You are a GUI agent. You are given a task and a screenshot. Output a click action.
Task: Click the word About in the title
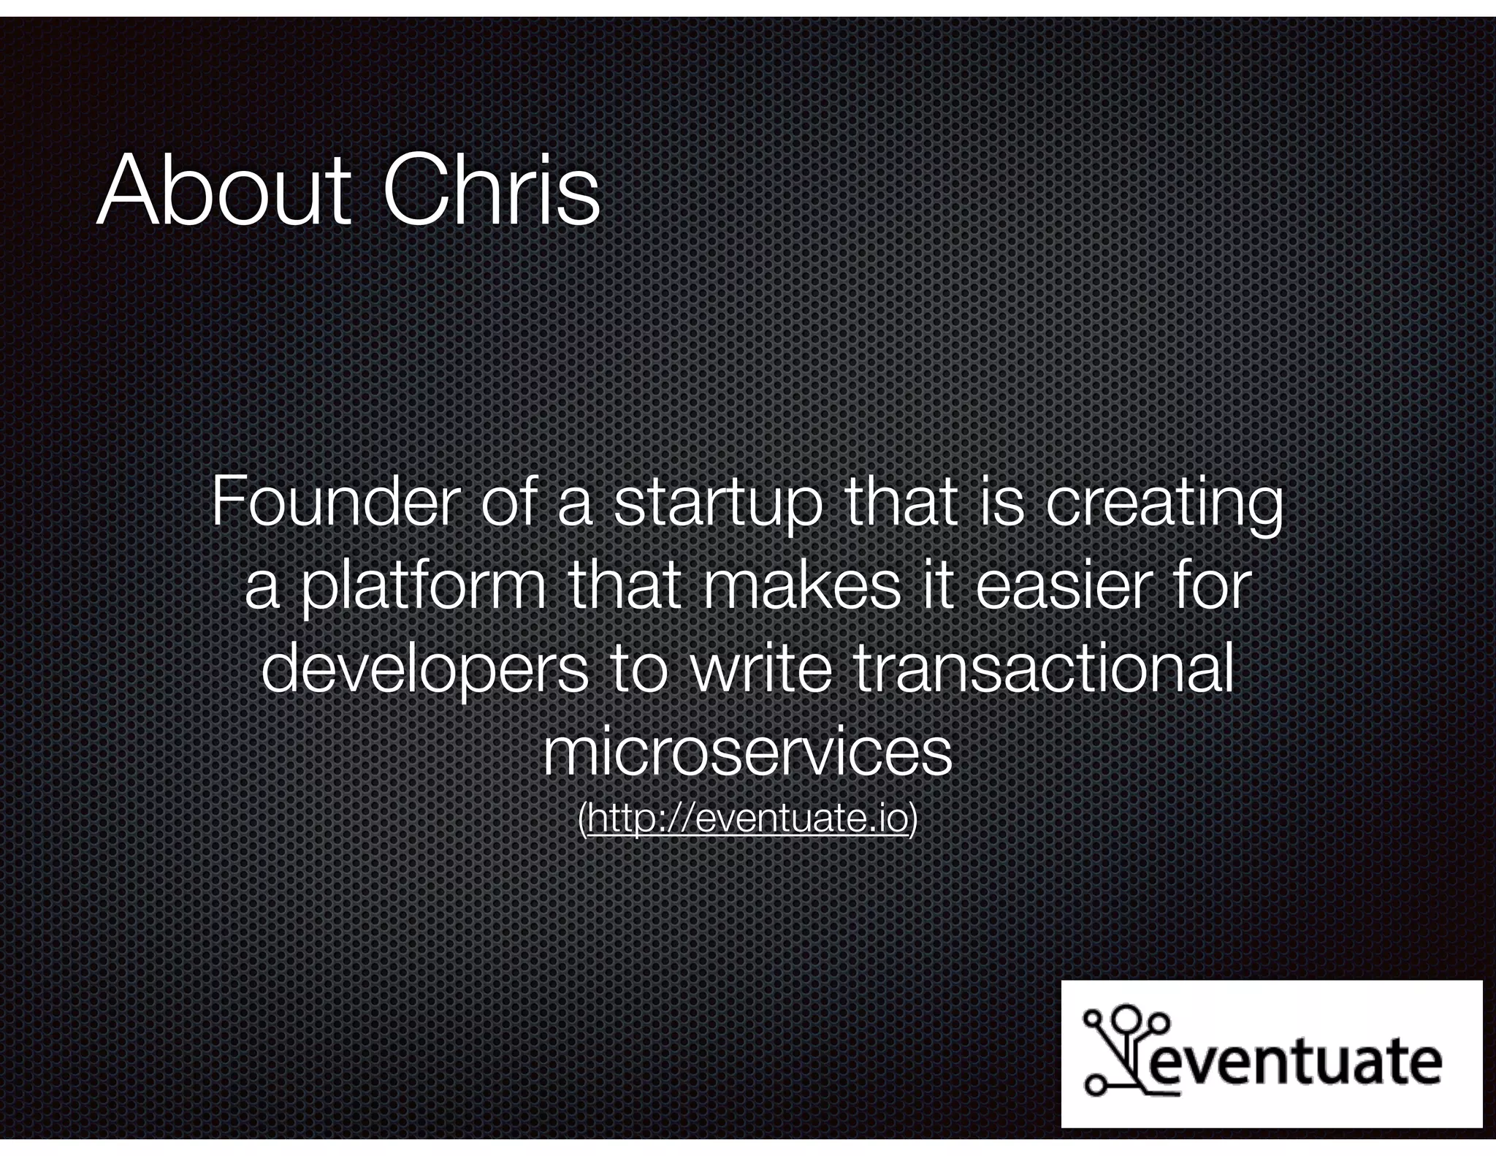223,191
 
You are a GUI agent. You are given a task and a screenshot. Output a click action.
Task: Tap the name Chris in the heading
491,191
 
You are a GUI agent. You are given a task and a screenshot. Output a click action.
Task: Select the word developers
425,671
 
